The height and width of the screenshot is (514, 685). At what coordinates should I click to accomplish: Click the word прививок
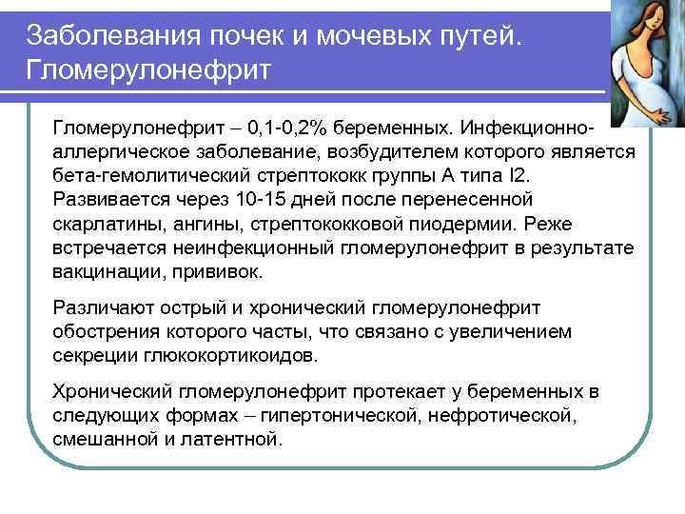(222, 270)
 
